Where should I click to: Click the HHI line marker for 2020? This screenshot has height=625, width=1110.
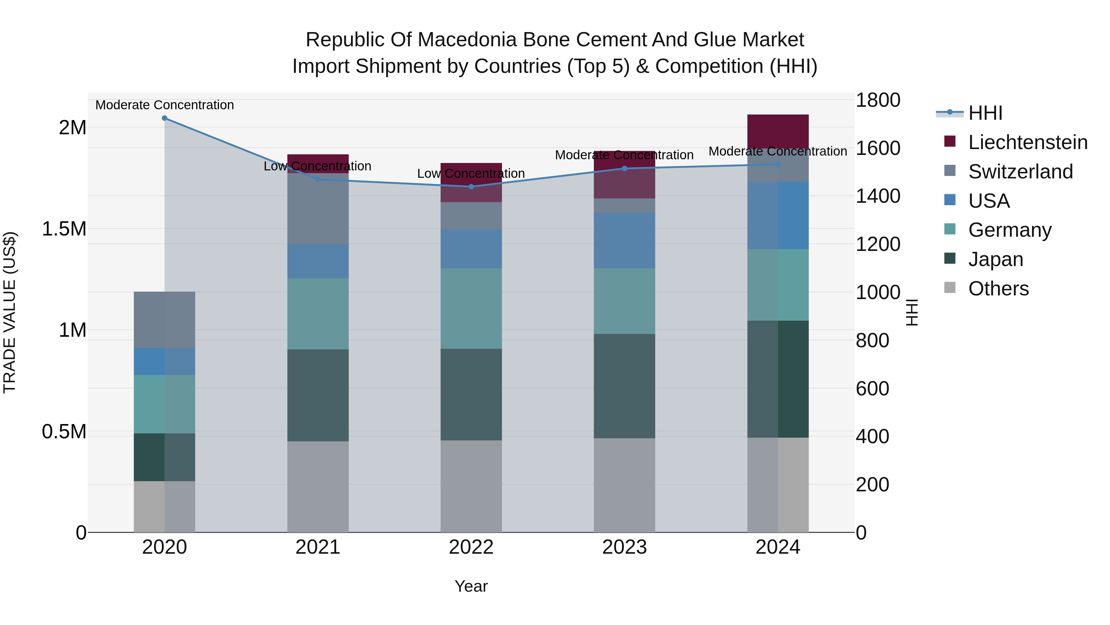click(x=165, y=118)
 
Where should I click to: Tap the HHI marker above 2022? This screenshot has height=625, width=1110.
click(x=471, y=187)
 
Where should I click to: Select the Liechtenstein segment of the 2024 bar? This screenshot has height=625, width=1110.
click(x=778, y=131)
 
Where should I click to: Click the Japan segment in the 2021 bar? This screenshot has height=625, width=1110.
click(x=318, y=395)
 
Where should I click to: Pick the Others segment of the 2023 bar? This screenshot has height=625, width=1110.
click(x=624, y=485)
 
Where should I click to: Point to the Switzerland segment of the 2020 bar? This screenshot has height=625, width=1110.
click(x=165, y=320)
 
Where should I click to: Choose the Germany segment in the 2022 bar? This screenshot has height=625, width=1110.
click(x=471, y=308)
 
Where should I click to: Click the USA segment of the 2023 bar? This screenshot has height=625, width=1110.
click(x=624, y=240)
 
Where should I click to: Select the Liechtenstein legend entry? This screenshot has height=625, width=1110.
click(x=1027, y=142)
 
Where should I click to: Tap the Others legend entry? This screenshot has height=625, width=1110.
click(x=998, y=289)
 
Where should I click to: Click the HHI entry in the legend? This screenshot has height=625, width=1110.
click(x=985, y=113)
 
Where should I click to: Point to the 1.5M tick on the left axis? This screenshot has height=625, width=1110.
click(x=64, y=229)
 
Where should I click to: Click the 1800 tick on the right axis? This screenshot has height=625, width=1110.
click(x=878, y=100)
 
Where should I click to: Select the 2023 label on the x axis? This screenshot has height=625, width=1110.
click(x=624, y=547)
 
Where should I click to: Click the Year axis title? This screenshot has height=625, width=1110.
click(x=471, y=586)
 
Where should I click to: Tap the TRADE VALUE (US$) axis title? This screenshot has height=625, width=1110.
click(x=10, y=312)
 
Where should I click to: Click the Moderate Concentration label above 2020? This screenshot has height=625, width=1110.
click(x=165, y=105)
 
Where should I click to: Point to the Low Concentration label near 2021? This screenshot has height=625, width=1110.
click(x=318, y=166)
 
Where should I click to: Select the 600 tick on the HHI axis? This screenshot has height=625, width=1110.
click(x=872, y=389)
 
